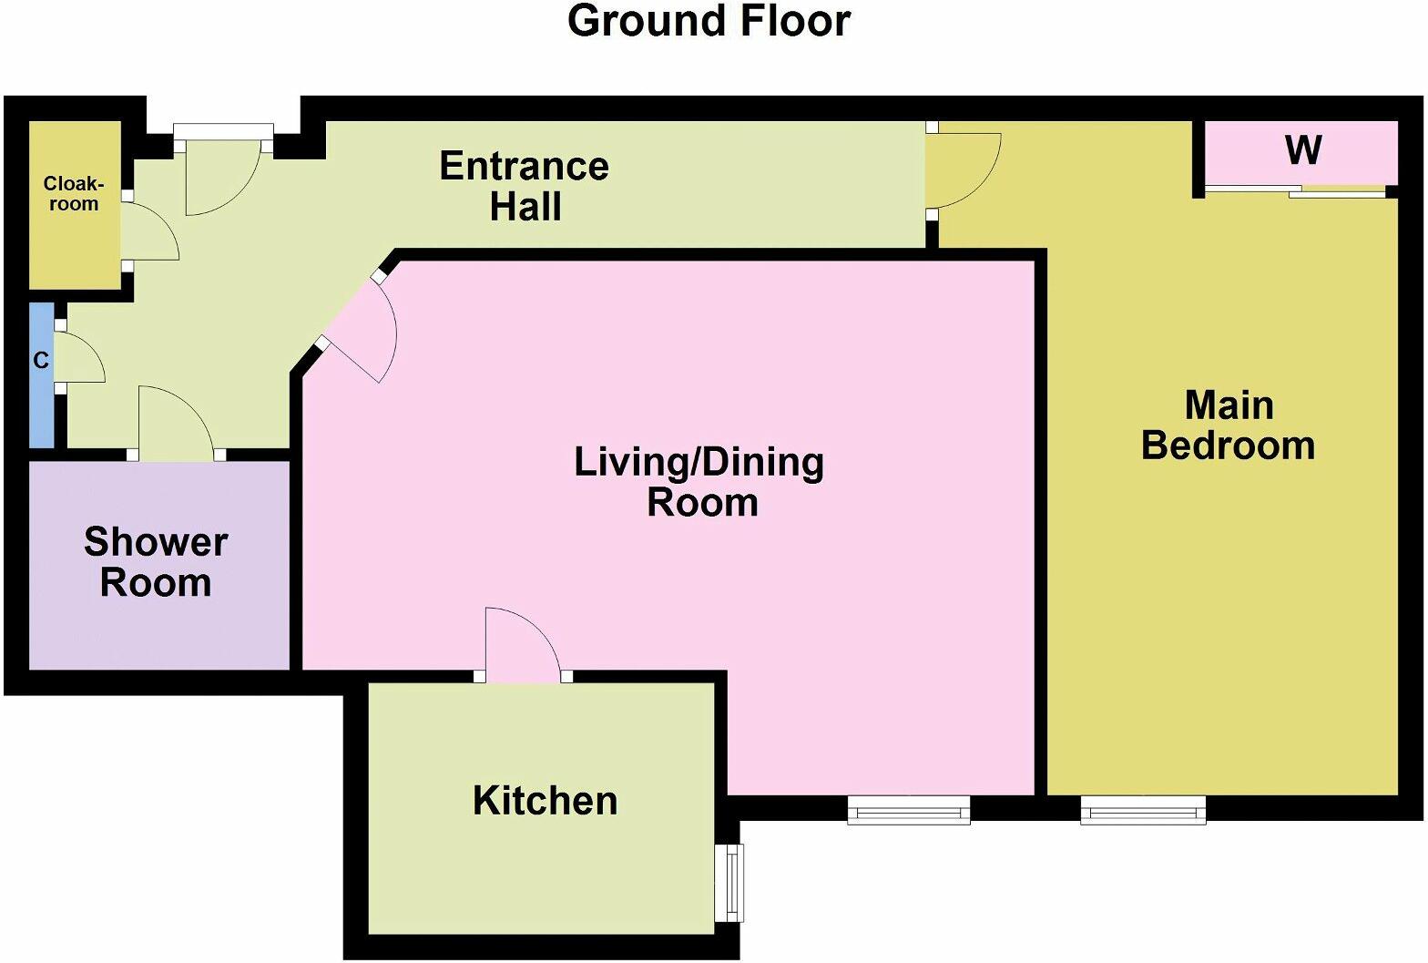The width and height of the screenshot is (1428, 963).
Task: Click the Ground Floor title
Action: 709,22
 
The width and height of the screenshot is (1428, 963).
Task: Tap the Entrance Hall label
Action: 525,186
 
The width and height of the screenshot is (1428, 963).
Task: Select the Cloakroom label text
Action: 74,194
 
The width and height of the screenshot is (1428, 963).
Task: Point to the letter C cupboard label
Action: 41,361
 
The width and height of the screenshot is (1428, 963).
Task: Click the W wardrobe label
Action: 1302,150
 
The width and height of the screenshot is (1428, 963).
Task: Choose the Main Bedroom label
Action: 1228,425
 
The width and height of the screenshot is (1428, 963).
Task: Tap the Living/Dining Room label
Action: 699,482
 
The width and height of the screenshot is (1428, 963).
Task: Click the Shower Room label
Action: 156,562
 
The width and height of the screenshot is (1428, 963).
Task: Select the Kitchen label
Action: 545,801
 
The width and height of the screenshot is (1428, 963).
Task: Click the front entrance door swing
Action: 219,178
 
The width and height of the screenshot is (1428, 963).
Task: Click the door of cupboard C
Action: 79,357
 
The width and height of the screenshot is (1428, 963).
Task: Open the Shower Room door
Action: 173,424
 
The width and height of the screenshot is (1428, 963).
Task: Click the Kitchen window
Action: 730,882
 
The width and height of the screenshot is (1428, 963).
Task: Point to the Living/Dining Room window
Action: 908,809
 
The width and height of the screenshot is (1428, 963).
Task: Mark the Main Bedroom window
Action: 1143,809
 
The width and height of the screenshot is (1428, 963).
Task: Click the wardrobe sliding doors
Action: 1295,191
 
